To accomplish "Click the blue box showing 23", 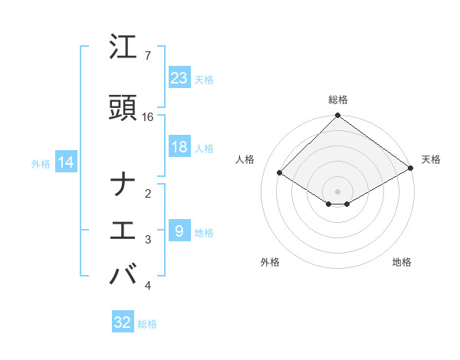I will pyautogui.click(x=179, y=77).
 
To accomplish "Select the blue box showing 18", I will pyautogui.click(x=179, y=147).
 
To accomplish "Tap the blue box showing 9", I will pyautogui.click(x=179, y=231).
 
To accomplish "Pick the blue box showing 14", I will pyautogui.click(x=65, y=162).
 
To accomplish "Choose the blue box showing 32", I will pyautogui.click(x=123, y=322).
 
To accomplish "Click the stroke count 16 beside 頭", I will pyautogui.click(x=148, y=116).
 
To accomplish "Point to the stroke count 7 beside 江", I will pyautogui.click(x=147, y=56).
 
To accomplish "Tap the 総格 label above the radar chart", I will pyautogui.click(x=338, y=100).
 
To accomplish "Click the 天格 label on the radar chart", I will pyautogui.click(x=431, y=159).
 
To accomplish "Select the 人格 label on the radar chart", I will pyautogui.click(x=245, y=159).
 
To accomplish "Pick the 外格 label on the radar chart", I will pyautogui.click(x=269, y=262).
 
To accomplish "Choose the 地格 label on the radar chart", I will pyautogui.click(x=402, y=262).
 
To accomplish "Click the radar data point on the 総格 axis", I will pyautogui.click(x=338, y=116).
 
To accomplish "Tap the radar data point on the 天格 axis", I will pyautogui.click(x=411, y=167).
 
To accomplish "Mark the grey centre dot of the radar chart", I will pyautogui.click(x=338, y=191).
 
